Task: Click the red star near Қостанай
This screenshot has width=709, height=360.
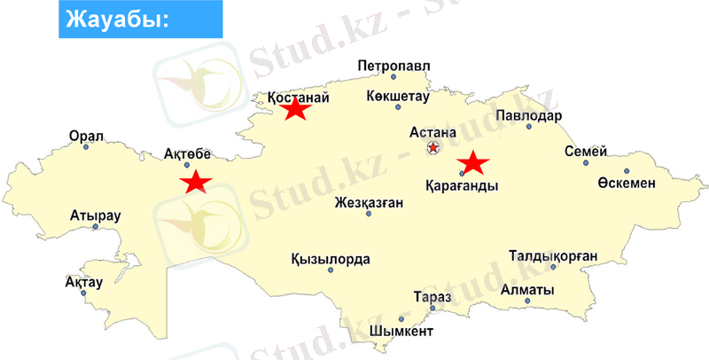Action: (295, 109)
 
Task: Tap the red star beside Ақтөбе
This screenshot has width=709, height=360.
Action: (195, 182)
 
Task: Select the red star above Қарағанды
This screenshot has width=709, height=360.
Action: (473, 162)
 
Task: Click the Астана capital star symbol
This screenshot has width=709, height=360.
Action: (432, 148)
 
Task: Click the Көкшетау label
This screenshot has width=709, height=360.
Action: (401, 98)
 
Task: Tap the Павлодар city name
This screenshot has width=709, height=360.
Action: (529, 116)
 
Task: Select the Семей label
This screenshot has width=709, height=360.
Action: (586, 151)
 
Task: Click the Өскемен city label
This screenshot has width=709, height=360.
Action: (627, 183)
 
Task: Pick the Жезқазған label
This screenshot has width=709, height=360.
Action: (370, 202)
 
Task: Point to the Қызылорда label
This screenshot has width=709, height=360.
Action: (331, 259)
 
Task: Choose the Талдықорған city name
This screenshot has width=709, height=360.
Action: (553, 256)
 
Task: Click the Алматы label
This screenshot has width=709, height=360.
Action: (527, 290)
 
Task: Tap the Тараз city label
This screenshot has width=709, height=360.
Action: (432, 297)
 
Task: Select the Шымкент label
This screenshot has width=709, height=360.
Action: (401, 333)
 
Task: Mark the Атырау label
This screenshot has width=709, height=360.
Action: (95, 215)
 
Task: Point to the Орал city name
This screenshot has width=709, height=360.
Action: (87, 137)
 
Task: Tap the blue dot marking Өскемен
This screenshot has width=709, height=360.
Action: (626, 171)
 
